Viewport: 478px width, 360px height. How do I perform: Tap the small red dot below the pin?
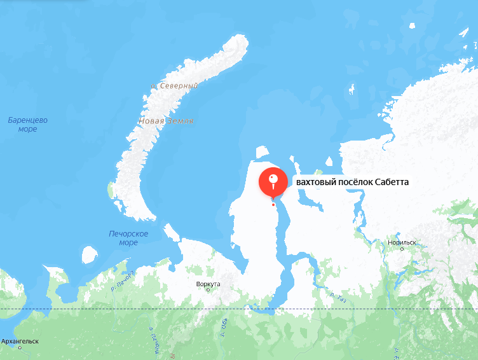click(x=273, y=204)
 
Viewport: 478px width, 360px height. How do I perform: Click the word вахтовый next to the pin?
click(x=315, y=183)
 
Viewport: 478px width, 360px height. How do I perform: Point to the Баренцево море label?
click(x=27, y=125)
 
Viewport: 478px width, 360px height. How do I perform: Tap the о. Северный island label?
click(x=174, y=85)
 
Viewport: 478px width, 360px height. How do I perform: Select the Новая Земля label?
click(x=166, y=121)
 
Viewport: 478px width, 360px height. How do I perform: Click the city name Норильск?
click(x=402, y=242)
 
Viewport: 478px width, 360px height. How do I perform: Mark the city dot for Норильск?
click(x=402, y=249)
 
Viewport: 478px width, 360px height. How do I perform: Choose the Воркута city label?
click(x=208, y=284)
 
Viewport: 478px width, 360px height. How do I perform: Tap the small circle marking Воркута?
click(x=208, y=290)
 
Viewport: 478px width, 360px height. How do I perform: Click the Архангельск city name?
click(x=20, y=341)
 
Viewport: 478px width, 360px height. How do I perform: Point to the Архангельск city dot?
click(x=20, y=347)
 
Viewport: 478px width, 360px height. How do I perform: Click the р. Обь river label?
click(x=224, y=326)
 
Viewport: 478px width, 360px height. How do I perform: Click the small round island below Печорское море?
click(x=89, y=255)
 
